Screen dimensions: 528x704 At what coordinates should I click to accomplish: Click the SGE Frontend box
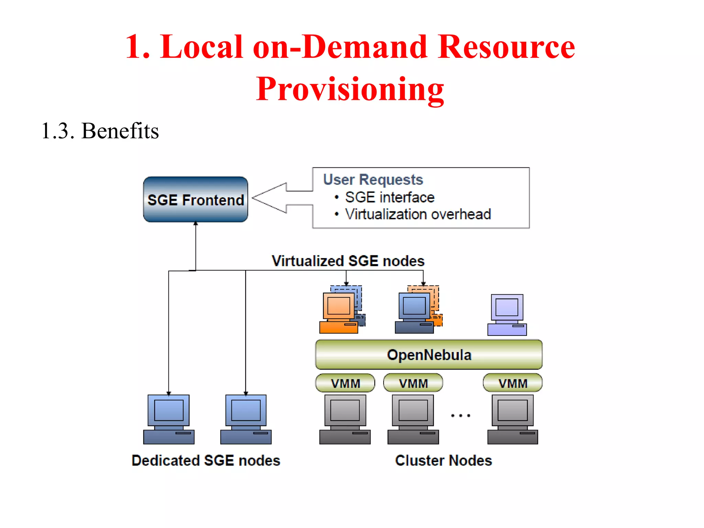(195, 199)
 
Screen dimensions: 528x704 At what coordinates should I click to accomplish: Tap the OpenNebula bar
(429, 354)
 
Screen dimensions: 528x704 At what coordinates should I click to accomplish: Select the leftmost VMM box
(345, 383)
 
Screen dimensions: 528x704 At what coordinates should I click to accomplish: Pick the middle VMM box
(413, 383)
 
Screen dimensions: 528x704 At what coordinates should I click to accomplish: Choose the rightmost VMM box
(513, 383)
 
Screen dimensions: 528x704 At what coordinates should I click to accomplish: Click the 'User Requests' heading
(373, 179)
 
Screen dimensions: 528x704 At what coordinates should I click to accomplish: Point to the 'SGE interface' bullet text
(389, 197)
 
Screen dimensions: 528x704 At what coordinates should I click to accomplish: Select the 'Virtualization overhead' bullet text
(418, 214)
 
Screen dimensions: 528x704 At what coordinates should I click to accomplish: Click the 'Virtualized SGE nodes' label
(348, 261)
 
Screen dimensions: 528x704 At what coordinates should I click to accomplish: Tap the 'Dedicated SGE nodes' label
(206, 460)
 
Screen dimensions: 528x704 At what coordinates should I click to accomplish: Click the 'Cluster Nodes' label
(443, 460)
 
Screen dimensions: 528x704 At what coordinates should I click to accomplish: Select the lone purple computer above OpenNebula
(507, 315)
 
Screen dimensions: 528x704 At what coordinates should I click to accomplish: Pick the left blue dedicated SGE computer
(169, 419)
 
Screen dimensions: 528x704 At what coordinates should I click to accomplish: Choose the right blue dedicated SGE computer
(246, 419)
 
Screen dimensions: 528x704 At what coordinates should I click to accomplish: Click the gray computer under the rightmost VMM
(513, 419)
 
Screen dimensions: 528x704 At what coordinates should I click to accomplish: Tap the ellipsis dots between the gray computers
(461, 416)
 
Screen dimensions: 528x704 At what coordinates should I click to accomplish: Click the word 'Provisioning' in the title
(350, 89)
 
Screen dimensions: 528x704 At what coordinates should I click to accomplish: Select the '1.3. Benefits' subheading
(100, 131)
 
